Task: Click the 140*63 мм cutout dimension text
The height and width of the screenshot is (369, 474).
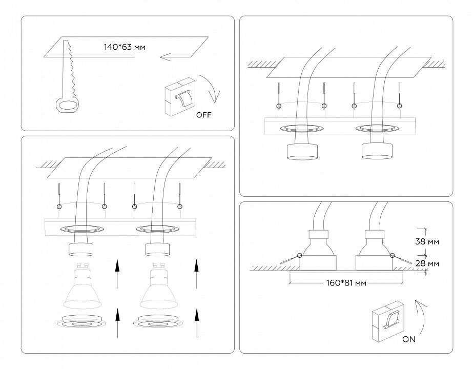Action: point(125,47)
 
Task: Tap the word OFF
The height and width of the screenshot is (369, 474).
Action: point(204,115)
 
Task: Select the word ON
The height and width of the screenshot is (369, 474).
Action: point(409,339)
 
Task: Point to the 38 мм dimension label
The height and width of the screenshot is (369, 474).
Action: point(427,242)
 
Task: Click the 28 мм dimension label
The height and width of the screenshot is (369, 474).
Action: point(427,263)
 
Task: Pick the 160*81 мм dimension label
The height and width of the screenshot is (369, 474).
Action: point(346,283)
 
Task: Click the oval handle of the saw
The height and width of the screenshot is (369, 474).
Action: point(67,106)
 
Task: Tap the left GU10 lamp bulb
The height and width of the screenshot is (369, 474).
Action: point(81,285)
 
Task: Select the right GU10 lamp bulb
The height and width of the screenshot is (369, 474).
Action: point(158,285)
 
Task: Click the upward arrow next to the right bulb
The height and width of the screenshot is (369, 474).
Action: point(197,274)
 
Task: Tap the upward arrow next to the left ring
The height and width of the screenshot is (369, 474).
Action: point(117,323)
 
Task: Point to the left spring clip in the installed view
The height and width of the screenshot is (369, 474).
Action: point(291,259)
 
